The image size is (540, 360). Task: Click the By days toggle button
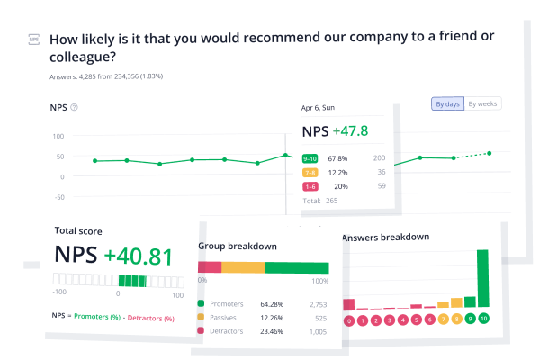[x=446, y=103]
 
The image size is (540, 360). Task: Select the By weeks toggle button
[x=482, y=103]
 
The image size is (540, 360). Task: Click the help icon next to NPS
[x=74, y=107]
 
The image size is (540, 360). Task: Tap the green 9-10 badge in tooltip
[x=310, y=157]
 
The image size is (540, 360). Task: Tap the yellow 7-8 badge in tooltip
[x=310, y=172]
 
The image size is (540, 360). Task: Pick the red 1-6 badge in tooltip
[x=310, y=186]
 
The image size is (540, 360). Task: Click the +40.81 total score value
[x=139, y=256]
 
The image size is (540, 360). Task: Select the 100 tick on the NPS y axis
[x=58, y=137]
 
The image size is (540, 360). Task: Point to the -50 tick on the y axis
[x=58, y=196]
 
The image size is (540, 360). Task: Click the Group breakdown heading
[x=237, y=247]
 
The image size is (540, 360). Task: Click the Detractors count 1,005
[x=318, y=332]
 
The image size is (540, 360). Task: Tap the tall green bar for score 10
[x=482, y=278]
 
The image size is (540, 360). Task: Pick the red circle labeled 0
[x=348, y=319]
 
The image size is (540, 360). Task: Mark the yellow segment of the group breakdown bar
[x=243, y=267]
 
